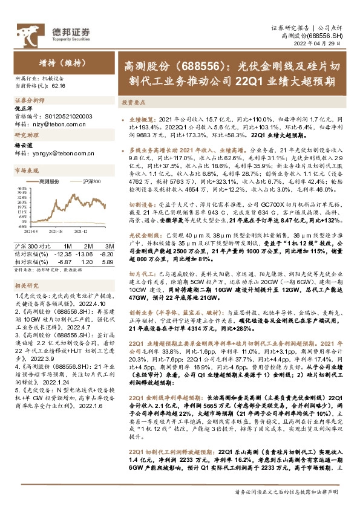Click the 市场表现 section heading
pos(27,171)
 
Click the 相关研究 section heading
pos(27,284)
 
